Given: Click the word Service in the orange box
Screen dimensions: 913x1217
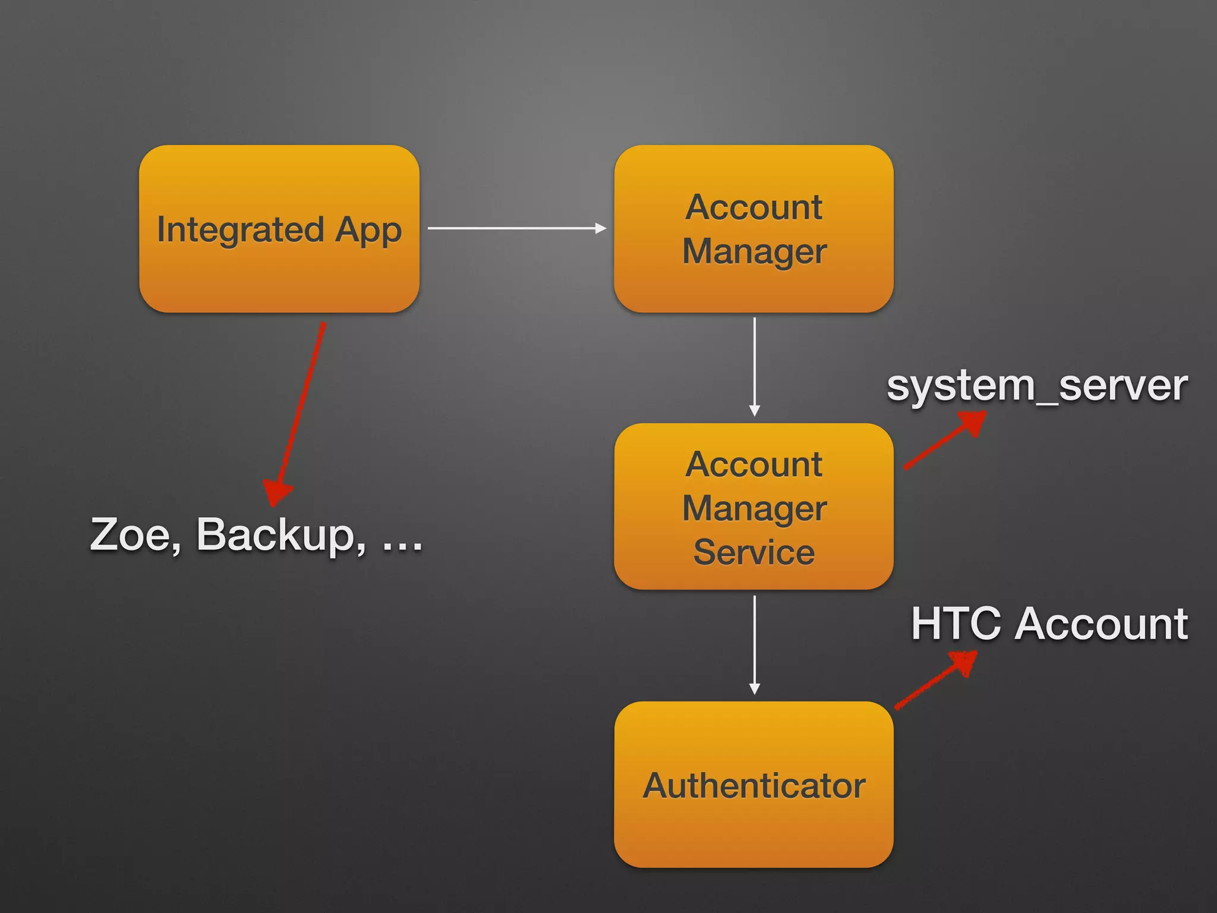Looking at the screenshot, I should coord(753,552).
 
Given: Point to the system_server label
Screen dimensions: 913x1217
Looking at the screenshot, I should coord(1037,386).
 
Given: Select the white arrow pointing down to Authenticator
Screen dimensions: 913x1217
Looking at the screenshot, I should coord(755,645).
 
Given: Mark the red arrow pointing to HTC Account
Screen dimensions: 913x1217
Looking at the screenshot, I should coord(935,680).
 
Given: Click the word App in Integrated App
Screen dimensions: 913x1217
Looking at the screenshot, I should coord(368,231).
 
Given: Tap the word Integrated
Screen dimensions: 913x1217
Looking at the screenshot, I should coord(240,231).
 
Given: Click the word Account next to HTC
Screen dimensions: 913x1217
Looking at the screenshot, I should coord(1101,624).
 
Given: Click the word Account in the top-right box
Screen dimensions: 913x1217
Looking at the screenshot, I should coord(753,207).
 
